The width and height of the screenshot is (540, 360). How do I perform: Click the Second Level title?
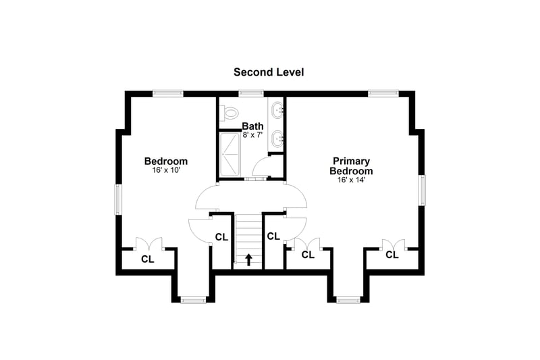[x=269, y=72]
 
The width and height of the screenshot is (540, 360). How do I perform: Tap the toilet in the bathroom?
[x=230, y=112]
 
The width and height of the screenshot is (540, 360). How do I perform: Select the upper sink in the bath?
[x=277, y=110]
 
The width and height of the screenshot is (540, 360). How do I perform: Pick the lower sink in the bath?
[x=277, y=138]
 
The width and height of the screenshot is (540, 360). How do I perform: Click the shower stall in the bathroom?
[x=230, y=155]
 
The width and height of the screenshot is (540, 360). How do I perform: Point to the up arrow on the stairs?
[x=248, y=260]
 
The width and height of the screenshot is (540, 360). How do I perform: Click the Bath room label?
[x=252, y=126]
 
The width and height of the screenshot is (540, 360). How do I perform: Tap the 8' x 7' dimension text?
[x=252, y=135]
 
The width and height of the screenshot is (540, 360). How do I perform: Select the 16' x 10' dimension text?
[x=166, y=170]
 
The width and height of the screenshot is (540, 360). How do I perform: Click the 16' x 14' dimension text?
[x=351, y=180]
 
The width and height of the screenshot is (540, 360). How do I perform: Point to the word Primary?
[x=351, y=161]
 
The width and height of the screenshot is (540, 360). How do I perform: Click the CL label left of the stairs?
[x=221, y=237]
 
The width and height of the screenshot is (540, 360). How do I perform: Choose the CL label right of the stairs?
[x=273, y=236]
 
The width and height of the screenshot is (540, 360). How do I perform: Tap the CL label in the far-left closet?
[x=148, y=259]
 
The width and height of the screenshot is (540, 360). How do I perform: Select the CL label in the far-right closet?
[x=392, y=255]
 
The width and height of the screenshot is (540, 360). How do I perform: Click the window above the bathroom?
[x=251, y=93]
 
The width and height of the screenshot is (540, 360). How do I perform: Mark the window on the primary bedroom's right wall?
[x=422, y=190]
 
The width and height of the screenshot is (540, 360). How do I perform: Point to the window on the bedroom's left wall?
[x=118, y=199]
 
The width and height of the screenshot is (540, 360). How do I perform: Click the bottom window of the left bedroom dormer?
[x=193, y=300]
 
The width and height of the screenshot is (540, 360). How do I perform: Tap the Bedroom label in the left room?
[x=166, y=161]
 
